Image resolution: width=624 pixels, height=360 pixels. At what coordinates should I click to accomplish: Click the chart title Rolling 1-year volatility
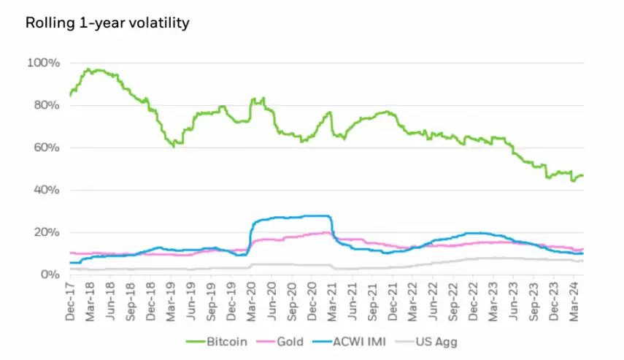tap(107, 23)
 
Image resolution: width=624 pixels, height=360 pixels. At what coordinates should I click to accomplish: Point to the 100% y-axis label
tap(44, 63)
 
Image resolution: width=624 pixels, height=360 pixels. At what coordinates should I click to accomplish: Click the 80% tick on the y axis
tap(45, 105)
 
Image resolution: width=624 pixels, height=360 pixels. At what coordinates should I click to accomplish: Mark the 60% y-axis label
tap(45, 148)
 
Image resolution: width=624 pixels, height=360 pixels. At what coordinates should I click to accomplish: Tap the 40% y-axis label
tap(45, 190)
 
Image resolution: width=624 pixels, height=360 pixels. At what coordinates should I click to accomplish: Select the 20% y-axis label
tap(45, 232)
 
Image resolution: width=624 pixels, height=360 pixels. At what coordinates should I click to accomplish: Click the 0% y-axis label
tap(48, 275)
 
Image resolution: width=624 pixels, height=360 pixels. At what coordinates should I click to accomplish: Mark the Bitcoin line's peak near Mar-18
tap(88, 69)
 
